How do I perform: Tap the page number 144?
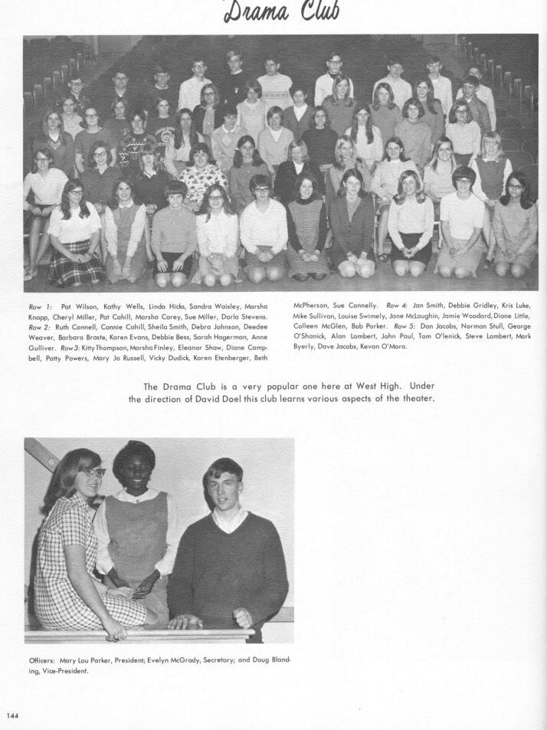click(12, 715)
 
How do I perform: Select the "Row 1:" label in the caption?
click(38, 306)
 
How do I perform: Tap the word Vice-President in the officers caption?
click(59, 672)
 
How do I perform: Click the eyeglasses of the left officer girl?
click(91, 473)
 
